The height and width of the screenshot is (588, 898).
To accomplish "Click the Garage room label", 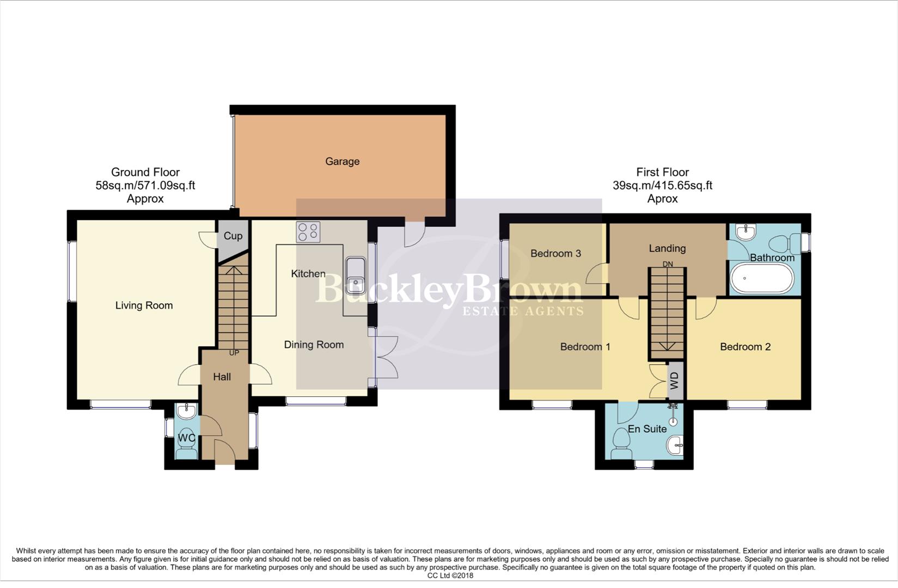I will pyautogui.click(x=342, y=161).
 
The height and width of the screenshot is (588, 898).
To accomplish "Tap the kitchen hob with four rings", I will pyautogui.click(x=308, y=232).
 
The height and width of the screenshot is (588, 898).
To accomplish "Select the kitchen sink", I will pyautogui.click(x=356, y=274).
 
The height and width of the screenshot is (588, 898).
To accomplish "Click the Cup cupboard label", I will pyautogui.click(x=233, y=236).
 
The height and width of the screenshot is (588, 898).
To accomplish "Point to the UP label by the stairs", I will pyautogui.click(x=234, y=353).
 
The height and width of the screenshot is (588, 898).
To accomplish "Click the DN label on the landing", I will pyautogui.click(x=668, y=264).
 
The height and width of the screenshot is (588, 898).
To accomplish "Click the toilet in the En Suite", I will pyautogui.click(x=621, y=444).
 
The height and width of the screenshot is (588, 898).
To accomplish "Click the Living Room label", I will pyautogui.click(x=144, y=305).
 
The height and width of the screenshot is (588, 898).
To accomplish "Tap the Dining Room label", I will pyautogui.click(x=314, y=345).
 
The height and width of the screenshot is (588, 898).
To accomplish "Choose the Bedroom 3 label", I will pyautogui.click(x=555, y=253).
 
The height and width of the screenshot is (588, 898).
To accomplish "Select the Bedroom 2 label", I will pyautogui.click(x=745, y=347).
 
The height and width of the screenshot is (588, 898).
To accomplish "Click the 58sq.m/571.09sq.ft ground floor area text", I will pyautogui.click(x=145, y=186).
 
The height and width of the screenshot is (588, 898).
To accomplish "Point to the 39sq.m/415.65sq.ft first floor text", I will pyautogui.click(x=662, y=186).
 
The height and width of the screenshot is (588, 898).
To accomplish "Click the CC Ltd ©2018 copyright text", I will pyautogui.click(x=450, y=575).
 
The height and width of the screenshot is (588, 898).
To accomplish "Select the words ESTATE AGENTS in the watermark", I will pyautogui.click(x=523, y=311).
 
